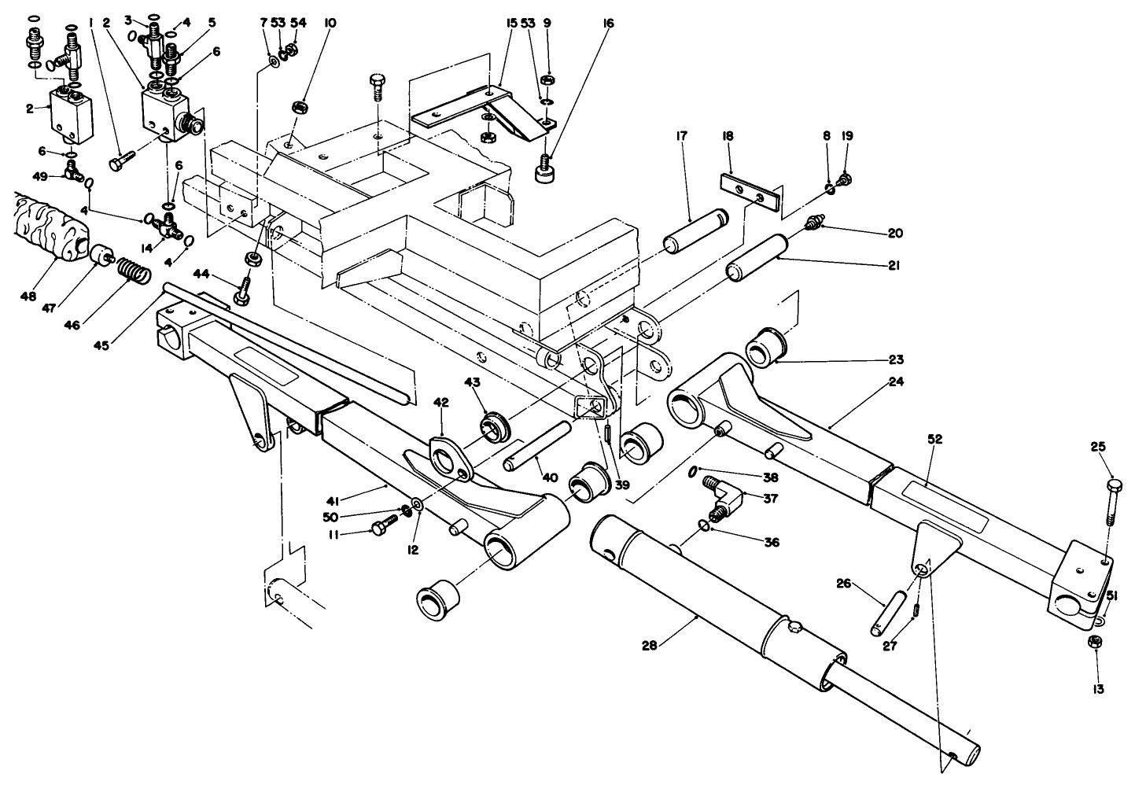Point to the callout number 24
click(x=896, y=382)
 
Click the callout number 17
click(x=680, y=136)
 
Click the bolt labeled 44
click(x=243, y=289)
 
